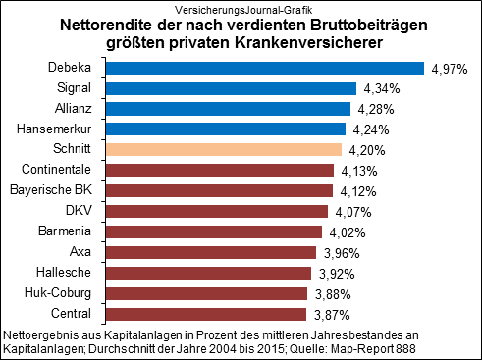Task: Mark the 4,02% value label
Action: pyautogui.click(x=346, y=231)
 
